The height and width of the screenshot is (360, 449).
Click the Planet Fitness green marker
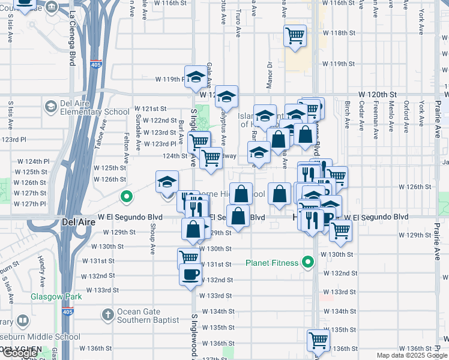(309, 263)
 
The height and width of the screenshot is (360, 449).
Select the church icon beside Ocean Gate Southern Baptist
(107, 315)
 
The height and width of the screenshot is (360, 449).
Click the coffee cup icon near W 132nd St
(191, 274)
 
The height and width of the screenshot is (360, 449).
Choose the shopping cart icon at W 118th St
(295, 36)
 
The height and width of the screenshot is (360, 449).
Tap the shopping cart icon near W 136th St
(318, 340)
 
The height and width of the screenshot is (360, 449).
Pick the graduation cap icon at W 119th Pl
(196, 77)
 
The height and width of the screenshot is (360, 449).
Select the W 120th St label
(378, 95)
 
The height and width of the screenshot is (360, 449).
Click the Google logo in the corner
(20, 353)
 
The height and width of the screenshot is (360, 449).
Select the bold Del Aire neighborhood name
(77, 221)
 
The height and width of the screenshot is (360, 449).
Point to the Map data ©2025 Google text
(411, 355)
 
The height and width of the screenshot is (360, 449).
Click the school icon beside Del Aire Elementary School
(51, 107)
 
